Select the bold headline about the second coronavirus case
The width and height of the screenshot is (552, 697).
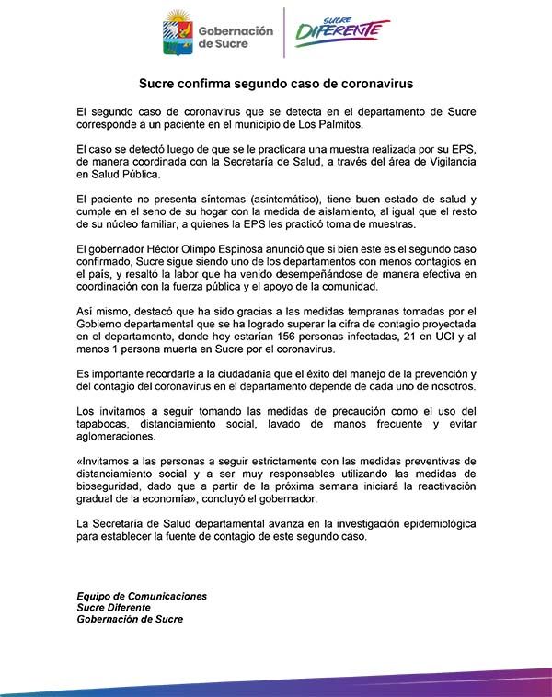(277, 83)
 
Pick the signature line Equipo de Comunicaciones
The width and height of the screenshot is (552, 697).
(142, 596)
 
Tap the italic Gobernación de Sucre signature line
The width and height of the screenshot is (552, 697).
(130, 620)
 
